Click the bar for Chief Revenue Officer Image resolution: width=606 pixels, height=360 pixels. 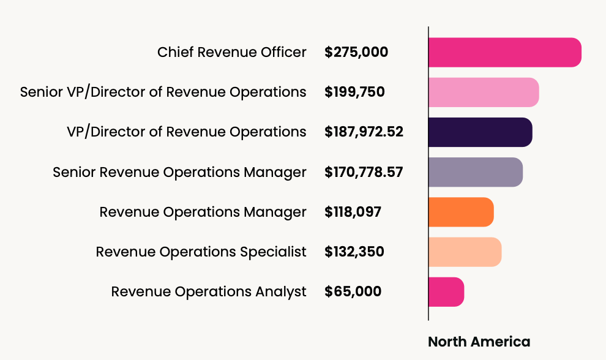tap(504, 52)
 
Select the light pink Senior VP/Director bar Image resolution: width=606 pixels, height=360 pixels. tap(484, 92)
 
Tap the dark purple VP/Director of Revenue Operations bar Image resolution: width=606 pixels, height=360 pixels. tap(480, 132)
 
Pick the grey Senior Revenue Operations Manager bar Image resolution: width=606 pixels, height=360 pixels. tap(476, 172)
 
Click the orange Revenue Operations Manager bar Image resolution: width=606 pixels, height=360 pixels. tap(461, 212)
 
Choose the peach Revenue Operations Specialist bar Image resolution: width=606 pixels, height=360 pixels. tap(465, 252)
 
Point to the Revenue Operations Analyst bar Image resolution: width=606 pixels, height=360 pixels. tap(446, 291)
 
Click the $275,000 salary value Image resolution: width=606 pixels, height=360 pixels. tap(356, 52)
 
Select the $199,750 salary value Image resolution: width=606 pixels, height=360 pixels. tap(354, 92)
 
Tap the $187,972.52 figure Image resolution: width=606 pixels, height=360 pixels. tap(364, 132)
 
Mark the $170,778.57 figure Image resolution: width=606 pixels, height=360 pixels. tap(364, 172)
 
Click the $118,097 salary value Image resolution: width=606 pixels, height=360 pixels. tap(353, 212)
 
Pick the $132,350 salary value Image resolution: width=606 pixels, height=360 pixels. tap(354, 252)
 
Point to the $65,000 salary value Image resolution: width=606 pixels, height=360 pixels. tap(353, 291)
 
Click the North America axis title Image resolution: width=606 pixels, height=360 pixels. tap(479, 341)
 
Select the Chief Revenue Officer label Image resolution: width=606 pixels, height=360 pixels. tap(231, 52)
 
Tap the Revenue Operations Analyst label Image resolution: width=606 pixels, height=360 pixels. tap(208, 291)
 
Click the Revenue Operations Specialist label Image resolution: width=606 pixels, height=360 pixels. tap(201, 252)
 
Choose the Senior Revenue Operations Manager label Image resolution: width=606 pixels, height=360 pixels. tap(179, 172)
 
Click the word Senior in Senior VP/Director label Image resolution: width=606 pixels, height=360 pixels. tap(39, 92)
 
